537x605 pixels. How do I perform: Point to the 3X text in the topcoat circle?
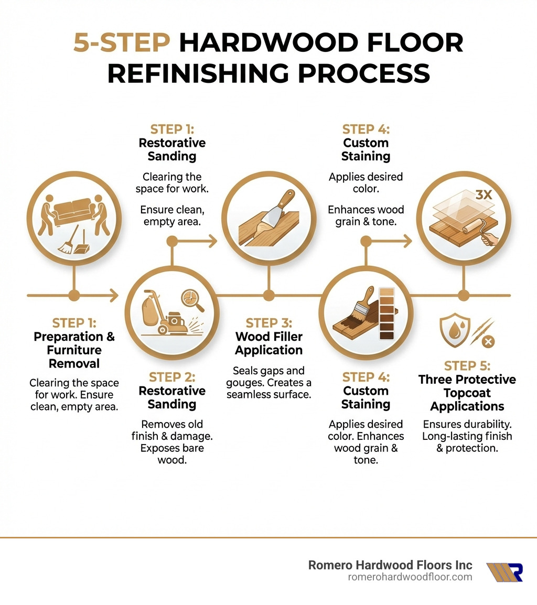pos(484,195)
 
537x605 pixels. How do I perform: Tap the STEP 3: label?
pos(268,323)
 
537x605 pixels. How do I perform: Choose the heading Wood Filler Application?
pos(268,343)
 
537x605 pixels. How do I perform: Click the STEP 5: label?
pos(467,365)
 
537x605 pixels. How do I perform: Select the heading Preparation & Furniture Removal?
pos(74,350)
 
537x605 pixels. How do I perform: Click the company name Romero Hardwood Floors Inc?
pos(390,565)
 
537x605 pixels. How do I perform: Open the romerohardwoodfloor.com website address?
pos(410,577)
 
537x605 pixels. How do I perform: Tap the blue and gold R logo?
pos(504,572)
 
